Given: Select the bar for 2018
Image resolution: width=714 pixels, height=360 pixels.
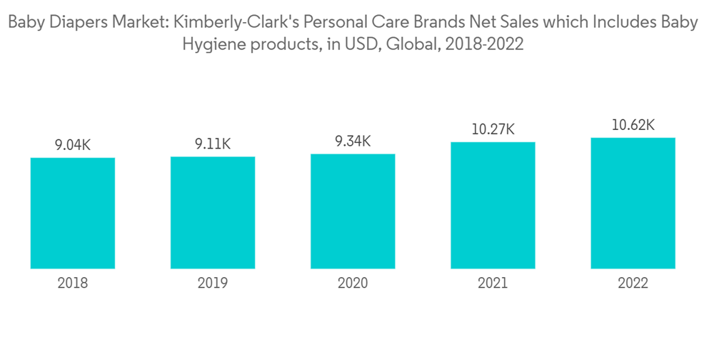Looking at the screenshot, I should pos(73,213).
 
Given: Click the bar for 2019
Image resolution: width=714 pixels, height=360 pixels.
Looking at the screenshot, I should pos(213,212).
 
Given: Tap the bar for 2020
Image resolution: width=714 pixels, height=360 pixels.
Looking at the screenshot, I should pos(353,211).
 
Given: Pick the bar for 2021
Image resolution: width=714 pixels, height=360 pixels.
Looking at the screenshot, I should pos(493,205).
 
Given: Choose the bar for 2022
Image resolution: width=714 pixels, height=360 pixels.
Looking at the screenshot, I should pos(633,203).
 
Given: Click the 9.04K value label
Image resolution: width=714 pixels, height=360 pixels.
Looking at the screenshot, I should pos(73,145).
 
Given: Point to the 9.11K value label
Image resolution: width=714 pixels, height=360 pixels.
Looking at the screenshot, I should pos(213,144).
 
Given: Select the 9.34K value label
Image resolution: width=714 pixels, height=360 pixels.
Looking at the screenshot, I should pos(353,141).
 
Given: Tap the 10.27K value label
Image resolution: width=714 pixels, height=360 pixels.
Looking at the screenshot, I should pos(493,129).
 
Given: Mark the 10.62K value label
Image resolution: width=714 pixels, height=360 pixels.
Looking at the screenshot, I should pos(633,126).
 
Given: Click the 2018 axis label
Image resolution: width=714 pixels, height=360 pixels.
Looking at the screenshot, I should pos(73,284).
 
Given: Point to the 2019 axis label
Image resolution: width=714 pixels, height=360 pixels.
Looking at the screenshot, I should pos(213,284).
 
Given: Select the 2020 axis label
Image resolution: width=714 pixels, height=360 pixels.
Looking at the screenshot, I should pos(353,284).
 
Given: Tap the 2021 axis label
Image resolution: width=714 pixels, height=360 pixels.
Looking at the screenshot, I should pos(493,284).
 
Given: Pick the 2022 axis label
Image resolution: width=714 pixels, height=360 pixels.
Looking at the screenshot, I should pos(633,284).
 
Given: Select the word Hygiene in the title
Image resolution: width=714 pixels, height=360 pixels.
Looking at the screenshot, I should pos(212,45).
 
